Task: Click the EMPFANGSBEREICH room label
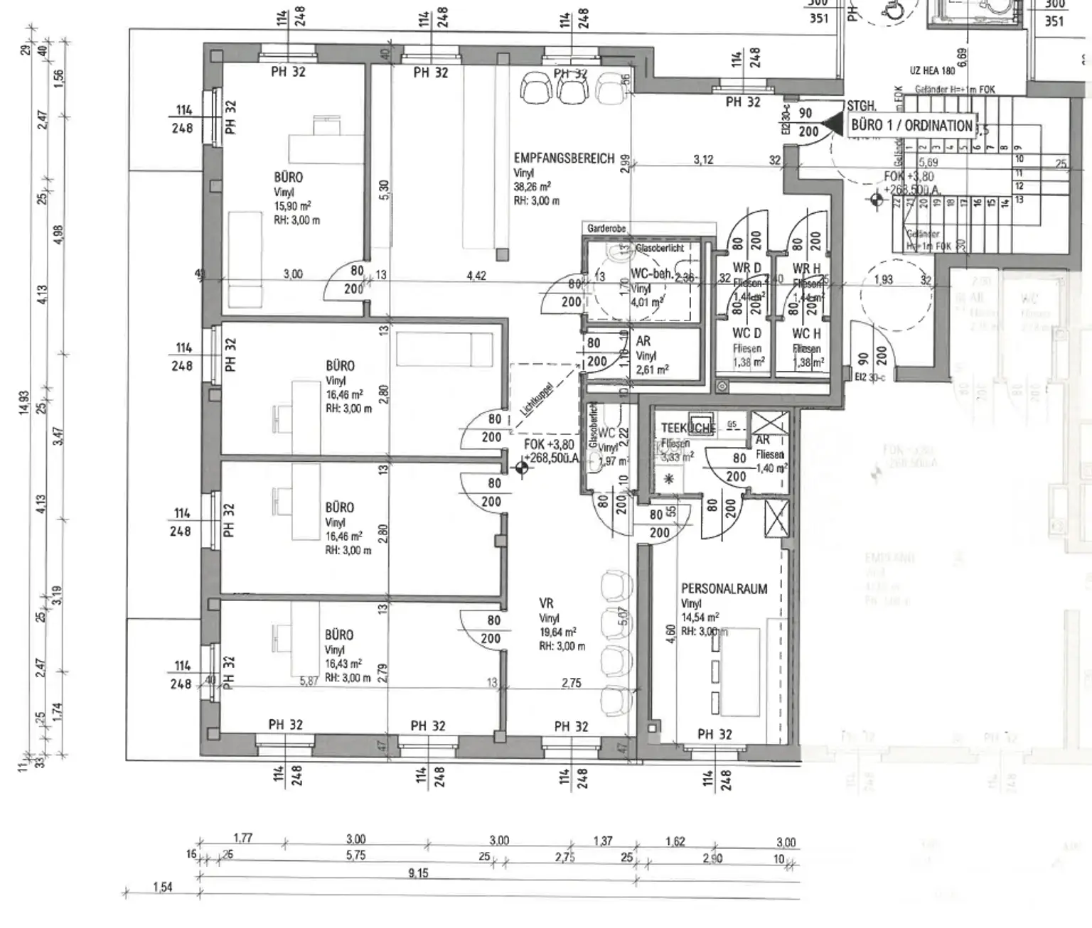pos(564,158)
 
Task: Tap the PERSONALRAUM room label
pos(724,589)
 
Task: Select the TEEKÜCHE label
pos(687,428)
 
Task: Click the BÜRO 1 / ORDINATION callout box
pos(911,126)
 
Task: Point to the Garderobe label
pos(606,229)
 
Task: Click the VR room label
pos(546,603)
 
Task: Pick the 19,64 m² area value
pos(557,632)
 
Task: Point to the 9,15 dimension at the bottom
pos(418,873)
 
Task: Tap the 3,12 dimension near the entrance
pos(703,160)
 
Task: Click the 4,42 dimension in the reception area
pos(476,275)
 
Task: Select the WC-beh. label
pos(652,274)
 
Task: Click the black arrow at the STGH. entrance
pos(830,127)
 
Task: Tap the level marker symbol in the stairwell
pos(876,200)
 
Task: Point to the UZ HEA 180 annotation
pos(932,71)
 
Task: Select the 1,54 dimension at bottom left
pos(163,887)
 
